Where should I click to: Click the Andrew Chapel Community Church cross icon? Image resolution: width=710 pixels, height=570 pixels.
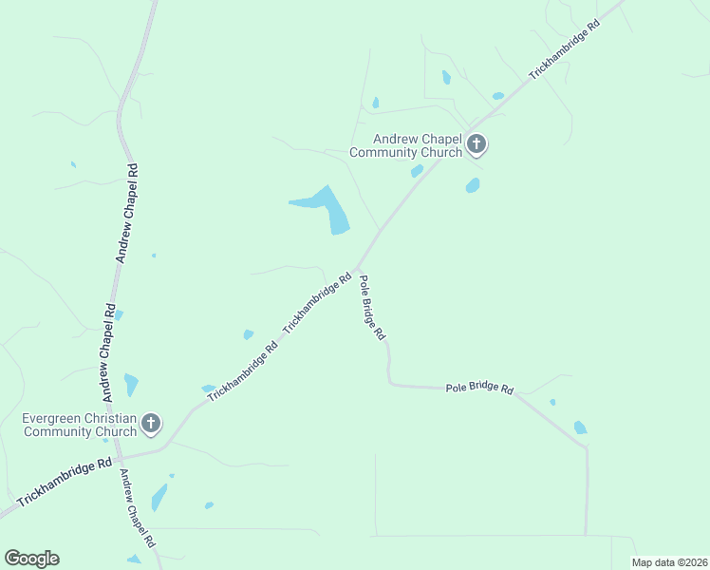[476, 144]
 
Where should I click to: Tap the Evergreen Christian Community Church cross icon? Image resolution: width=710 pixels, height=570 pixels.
[151, 424]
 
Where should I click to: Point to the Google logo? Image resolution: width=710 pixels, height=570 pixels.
[31, 559]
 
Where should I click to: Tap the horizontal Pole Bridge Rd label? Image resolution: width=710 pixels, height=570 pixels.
[479, 389]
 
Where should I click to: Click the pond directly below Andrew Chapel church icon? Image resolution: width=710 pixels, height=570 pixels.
[473, 185]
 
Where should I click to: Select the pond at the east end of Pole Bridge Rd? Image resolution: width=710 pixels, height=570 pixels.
[580, 427]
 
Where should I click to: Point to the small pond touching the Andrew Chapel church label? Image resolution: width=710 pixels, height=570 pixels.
[417, 171]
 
